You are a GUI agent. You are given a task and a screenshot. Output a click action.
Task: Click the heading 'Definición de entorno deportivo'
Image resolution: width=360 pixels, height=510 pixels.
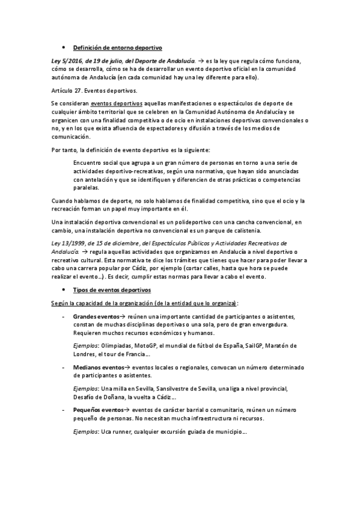117,47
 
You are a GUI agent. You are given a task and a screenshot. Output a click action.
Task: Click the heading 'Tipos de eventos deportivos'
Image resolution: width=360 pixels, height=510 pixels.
107,289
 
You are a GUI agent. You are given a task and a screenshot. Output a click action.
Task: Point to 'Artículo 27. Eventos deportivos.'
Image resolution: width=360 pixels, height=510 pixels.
94,90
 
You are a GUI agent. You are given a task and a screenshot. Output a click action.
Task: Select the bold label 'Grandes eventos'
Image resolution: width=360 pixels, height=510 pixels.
96,316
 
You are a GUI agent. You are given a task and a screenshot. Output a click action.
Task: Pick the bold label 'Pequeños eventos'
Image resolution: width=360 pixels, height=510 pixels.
97,408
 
